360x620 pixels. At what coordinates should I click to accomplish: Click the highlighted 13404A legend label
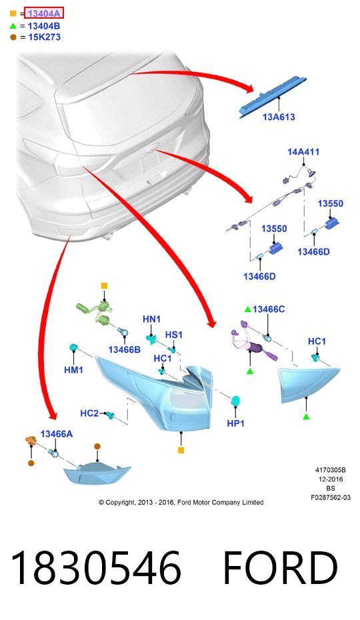pyautogui.click(x=43, y=13)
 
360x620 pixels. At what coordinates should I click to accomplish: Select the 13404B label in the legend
pyautogui.click(x=44, y=26)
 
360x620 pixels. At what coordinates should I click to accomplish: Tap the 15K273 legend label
pyautogui.click(x=44, y=37)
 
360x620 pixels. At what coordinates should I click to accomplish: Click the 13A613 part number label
pyautogui.click(x=279, y=117)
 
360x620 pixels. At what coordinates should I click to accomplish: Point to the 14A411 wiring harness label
pyautogui.click(x=303, y=152)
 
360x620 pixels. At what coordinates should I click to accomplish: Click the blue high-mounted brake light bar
pyautogui.click(x=273, y=96)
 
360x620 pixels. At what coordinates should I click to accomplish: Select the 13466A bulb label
pyautogui.click(x=57, y=434)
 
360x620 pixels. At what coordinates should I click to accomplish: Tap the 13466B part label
pyautogui.click(x=124, y=349)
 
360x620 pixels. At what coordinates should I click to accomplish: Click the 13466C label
pyautogui.click(x=269, y=309)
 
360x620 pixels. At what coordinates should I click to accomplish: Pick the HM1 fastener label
pyautogui.click(x=73, y=370)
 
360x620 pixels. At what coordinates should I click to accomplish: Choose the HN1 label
pyautogui.click(x=151, y=319)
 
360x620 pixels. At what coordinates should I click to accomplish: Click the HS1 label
pyautogui.click(x=174, y=335)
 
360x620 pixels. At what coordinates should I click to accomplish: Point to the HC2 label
pyautogui.click(x=89, y=413)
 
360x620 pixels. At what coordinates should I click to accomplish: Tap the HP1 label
pyautogui.click(x=236, y=423)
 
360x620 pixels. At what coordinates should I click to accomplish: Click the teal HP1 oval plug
pyautogui.click(x=236, y=401)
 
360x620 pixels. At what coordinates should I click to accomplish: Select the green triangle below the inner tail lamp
pyautogui.click(x=306, y=417)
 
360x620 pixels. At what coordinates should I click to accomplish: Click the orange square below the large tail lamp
pyautogui.click(x=181, y=450)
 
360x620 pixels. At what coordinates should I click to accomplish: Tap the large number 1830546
pyautogui.click(x=96, y=567)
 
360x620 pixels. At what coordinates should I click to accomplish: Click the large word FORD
pyautogui.click(x=281, y=567)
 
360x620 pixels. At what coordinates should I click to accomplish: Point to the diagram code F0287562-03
pyautogui.click(x=331, y=497)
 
